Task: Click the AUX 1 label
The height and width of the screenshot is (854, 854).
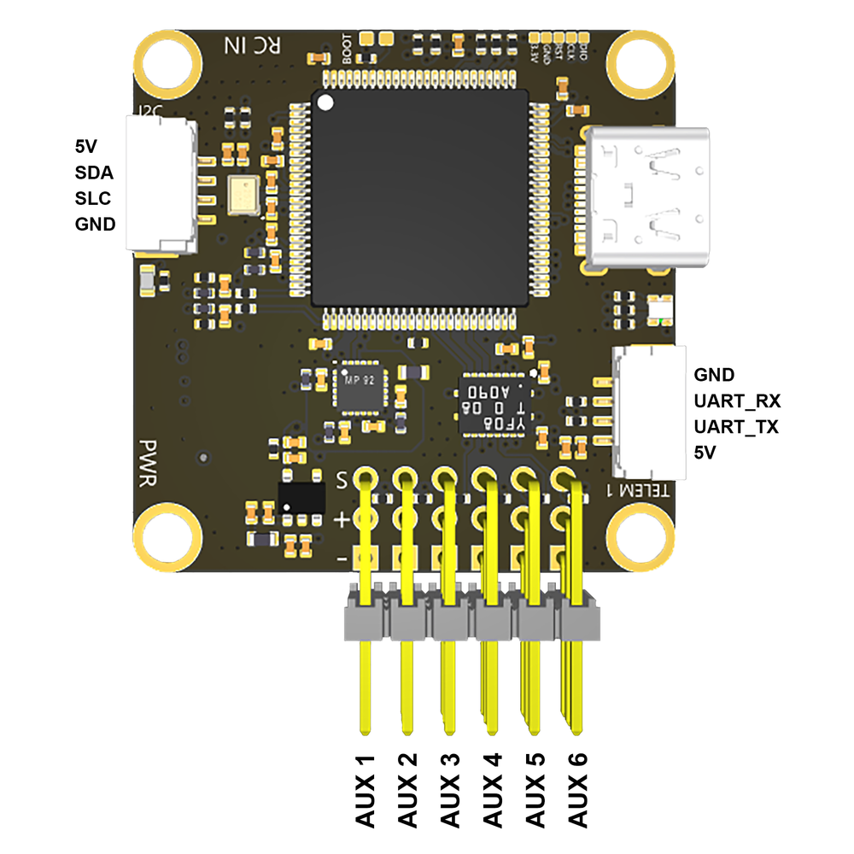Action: coord(366,791)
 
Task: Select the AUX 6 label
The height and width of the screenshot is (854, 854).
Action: coord(578,791)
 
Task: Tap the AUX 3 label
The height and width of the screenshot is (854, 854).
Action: coord(450,791)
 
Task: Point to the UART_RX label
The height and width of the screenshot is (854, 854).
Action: coord(737,401)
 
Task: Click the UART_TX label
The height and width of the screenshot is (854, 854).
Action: coord(736,427)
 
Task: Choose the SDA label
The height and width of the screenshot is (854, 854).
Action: coord(94,172)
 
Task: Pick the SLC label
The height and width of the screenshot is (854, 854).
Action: coord(94,198)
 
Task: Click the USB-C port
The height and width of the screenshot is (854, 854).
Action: coord(646,196)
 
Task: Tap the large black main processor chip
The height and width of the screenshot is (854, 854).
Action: coord(419,197)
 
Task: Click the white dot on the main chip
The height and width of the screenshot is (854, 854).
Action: coord(325,103)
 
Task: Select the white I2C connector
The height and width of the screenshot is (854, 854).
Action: coord(161,184)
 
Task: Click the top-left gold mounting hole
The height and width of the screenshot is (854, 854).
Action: coord(167,61)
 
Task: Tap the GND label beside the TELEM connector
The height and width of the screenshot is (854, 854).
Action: coord(714,374)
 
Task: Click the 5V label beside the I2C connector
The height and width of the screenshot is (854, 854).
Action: coord(85,145)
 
